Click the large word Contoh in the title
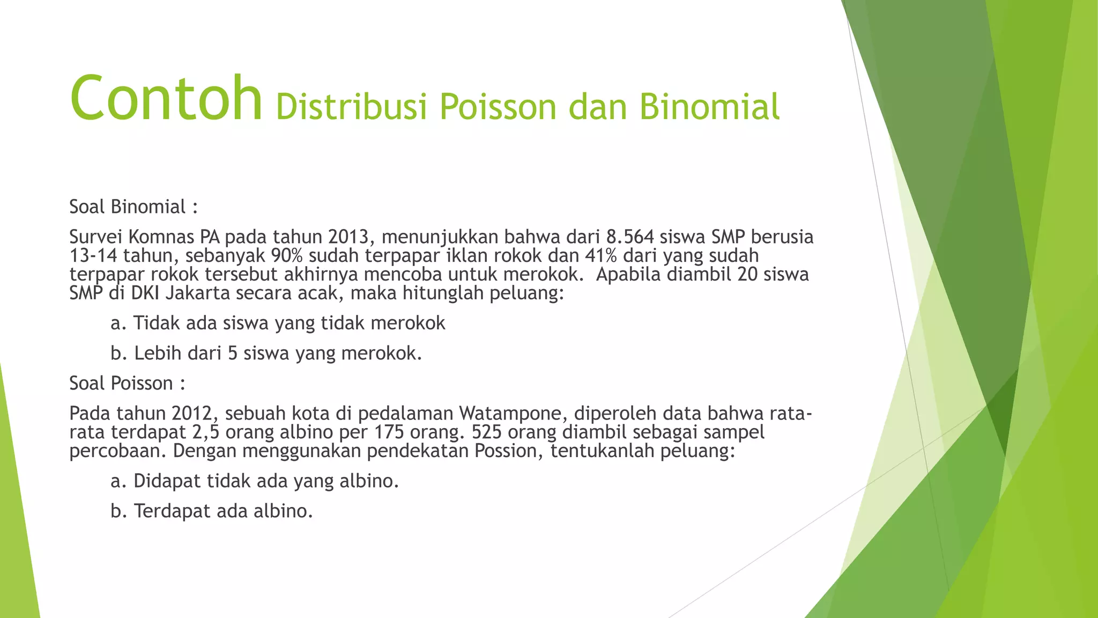point(166,99)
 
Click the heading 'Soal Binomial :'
point(133,207)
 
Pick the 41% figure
point(601,255)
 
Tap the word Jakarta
point(197,293)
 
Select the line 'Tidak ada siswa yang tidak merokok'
point(278,323)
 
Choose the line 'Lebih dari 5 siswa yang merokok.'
point(266,353)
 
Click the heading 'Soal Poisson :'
point(127,383)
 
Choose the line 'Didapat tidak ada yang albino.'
point(255,481)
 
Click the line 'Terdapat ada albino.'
point(211,511)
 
